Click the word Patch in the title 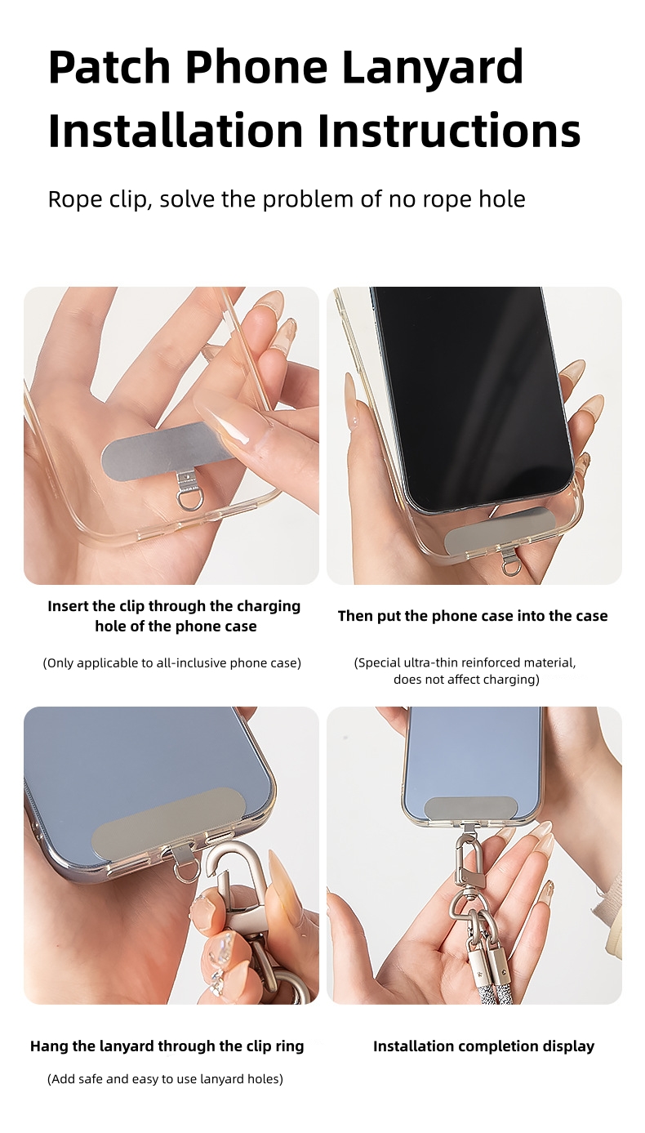(109, 67)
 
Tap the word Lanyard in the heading (432, 67)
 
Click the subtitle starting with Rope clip (287, 198)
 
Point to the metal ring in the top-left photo (190, 497)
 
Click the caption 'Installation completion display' (483, 1046)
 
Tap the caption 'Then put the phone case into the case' (473, 616)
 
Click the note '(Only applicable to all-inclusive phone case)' (171, 663)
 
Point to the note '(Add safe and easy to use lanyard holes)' (165, 1079)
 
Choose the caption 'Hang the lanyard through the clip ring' (167, 1046)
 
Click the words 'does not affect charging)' (466, 680)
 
